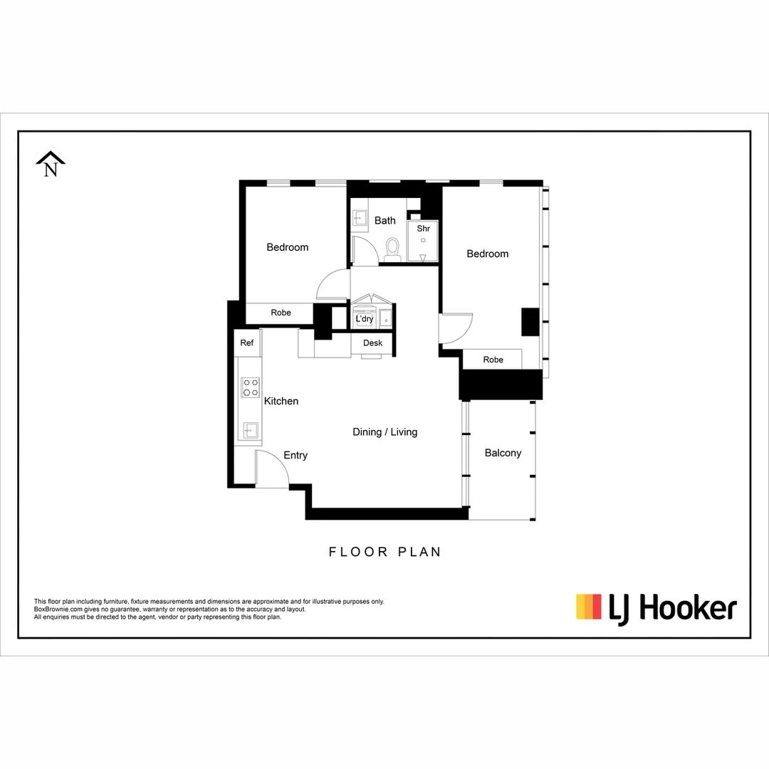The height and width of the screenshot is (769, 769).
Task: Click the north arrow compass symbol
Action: (51, 164)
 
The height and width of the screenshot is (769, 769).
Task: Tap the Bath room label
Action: (385, 221)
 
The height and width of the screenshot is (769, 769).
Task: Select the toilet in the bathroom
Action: (392, 249)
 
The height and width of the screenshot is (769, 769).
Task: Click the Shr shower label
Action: (424, 229)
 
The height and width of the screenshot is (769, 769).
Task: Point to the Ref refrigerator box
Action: (246, 343)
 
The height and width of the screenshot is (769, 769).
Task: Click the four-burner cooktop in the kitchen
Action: (250, 388)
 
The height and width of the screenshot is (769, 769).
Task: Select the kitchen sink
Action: (250, 429)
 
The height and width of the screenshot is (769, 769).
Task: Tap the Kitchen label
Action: (281, 402)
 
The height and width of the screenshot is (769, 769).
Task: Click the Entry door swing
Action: (271, 470)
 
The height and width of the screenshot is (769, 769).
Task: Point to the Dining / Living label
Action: (385, 432)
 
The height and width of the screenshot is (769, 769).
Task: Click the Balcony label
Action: (503, 453)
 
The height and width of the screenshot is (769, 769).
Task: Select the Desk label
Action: (372, 343)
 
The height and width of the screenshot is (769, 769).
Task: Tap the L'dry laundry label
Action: (365, 319)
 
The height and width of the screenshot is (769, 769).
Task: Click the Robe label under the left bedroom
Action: (281, 313)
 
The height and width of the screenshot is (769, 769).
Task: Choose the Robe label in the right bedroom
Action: (493, 360)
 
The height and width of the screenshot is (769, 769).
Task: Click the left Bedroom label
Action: (288, 247)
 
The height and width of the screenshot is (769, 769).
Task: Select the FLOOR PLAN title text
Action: (384, 552)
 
